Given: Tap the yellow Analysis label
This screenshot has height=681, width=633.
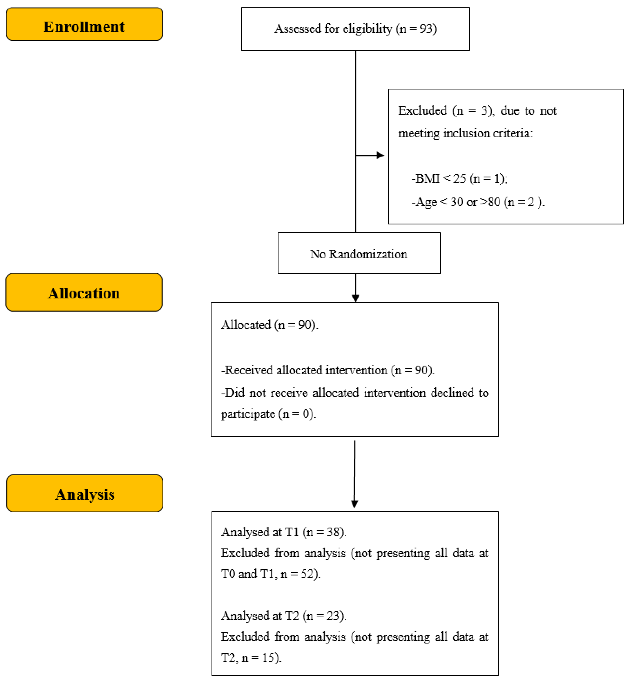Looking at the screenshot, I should click(x=84, y=493).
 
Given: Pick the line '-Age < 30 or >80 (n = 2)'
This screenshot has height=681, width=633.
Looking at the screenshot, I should click(x=478, y=202).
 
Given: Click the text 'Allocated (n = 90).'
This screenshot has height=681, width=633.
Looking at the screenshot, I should click(x=269, y=325).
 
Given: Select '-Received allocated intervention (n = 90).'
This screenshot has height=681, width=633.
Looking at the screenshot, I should click(x=328, y=370).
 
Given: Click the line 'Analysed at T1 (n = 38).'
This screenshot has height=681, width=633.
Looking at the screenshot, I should click(x=283, y=532).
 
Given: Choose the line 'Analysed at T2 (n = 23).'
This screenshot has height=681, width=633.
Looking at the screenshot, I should click(x=283, y=616).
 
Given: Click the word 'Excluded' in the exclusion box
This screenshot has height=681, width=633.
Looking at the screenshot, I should click(x=422, y=111).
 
